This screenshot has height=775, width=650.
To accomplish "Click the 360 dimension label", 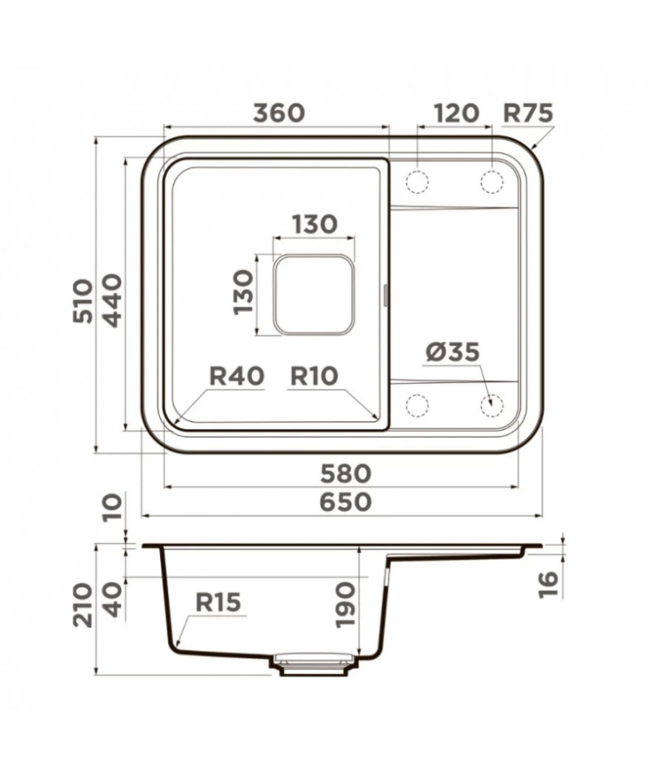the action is tap(279, 113).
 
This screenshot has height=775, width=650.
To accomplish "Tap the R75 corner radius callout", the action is tap(527, 114).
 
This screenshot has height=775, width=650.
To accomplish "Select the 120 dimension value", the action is tap(456, 113).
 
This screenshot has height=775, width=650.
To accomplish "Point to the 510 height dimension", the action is tap(83, 301).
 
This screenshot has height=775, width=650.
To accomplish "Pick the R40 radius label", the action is tap(237, 375).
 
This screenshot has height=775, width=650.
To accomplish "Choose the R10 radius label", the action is tap(314, 375).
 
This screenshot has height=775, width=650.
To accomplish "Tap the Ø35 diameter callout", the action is tap(453, 352).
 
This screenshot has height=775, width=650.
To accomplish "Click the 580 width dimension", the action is tap(346, 473).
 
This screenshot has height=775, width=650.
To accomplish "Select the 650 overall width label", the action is tap(346, 502).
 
